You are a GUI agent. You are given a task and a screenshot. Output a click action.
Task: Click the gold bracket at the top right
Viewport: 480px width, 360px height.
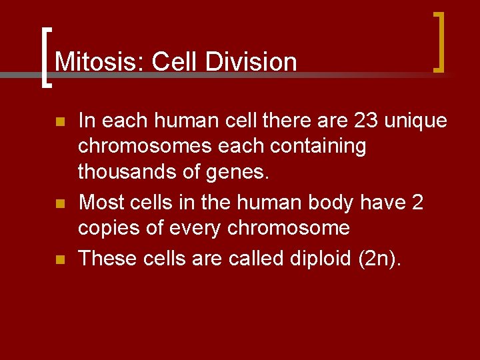click(439, 41)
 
